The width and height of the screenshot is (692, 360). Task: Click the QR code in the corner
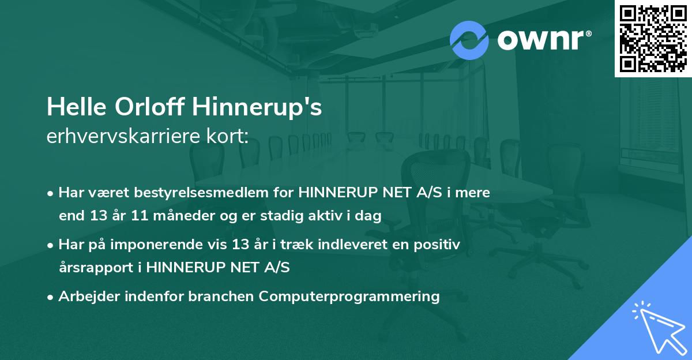653,39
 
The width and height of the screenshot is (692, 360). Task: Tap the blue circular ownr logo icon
469,40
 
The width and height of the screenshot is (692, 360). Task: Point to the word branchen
223,297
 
